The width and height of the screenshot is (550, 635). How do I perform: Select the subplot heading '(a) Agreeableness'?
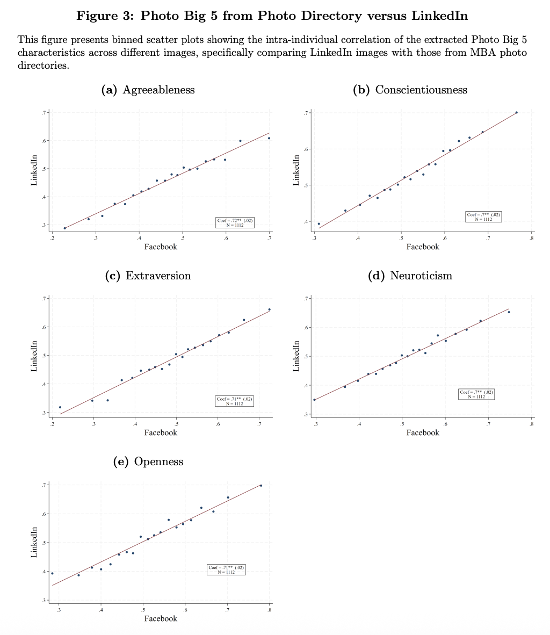148,90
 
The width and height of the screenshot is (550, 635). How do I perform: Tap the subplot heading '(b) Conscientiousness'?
410,90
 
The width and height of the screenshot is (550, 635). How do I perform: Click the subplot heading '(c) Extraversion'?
148,276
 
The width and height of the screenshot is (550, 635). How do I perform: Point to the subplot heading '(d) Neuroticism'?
410,276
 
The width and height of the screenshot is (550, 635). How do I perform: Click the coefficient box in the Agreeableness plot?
234,222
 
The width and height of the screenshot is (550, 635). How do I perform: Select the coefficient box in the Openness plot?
226,569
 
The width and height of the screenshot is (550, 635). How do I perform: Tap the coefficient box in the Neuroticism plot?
476,394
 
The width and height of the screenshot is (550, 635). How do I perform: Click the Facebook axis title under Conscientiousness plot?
423,247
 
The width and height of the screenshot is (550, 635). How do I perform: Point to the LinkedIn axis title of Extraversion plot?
34,356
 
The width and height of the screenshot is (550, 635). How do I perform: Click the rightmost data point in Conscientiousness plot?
517,112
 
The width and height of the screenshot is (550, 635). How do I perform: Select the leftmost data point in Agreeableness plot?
65,228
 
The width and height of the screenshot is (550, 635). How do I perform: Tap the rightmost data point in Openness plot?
261,485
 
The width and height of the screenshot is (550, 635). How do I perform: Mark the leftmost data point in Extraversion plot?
60,407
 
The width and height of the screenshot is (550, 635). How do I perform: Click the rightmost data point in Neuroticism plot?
509,312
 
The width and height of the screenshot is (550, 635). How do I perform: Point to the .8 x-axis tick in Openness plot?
270,610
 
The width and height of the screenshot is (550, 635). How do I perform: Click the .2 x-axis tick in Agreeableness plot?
52,237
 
